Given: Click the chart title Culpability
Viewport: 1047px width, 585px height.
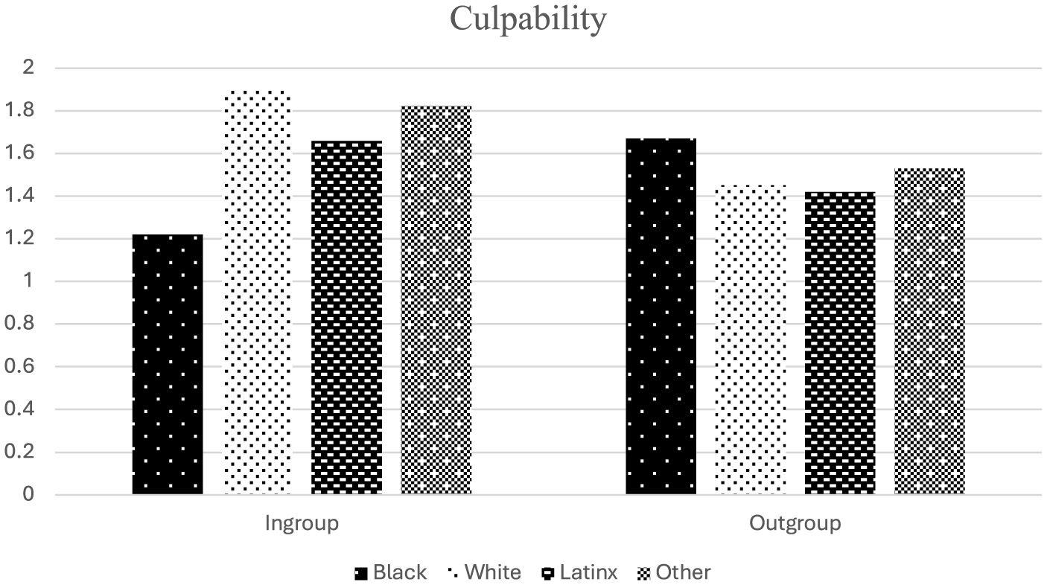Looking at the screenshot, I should pyautogui.click(x=527, y=19).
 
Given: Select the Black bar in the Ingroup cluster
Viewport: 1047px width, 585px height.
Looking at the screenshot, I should pyautogui.click(x=168, y=365).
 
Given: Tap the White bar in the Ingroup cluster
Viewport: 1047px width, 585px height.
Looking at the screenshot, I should pyautogui.click(x=257, y=292).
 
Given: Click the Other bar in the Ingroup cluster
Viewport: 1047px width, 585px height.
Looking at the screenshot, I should pyautogui.click(x=436, y=301).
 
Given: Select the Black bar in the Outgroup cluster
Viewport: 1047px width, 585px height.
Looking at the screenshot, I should pyautogui.click(x=661, y=316).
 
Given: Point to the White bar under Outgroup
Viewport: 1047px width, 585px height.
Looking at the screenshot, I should pyautogui.click(x=750, y=340).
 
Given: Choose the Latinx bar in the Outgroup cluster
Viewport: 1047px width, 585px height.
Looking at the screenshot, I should pyautogui.click(x=840, y=343).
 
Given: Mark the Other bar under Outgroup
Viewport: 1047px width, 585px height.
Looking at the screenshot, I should pyautogui.click(x=929, y=331).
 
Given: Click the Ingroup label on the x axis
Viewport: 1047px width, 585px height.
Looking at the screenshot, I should pyautogui.click(x=302, y=523).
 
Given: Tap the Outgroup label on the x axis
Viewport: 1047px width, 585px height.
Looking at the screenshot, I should pyautogui.click(x=795, y=523).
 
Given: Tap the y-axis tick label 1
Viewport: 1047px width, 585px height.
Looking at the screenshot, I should pyautogui.click(x=29, y=281).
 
